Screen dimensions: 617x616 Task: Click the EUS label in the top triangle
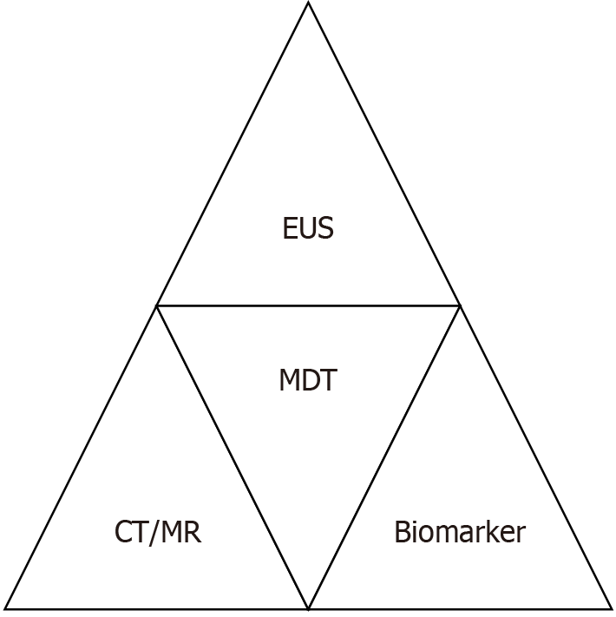[x=308, y=229]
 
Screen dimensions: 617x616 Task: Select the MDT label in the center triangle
[x=308, y=381]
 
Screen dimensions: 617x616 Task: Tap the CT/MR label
[x=158, y=532]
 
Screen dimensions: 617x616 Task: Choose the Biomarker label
[x=459, y=531]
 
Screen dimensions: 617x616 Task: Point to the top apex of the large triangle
[x=308, y=3]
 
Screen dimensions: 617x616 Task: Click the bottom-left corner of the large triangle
[x=6, y=607]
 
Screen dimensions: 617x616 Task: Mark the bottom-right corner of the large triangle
[x=611, y=607]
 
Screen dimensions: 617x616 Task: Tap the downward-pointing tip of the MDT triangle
[x=308, y=607]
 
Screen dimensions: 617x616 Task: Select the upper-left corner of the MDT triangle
[x=157, y=305]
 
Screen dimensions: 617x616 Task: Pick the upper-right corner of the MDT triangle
[x=460, y=305]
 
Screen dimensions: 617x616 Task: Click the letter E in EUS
[x=290, y=229]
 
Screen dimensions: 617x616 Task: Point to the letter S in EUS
[x=326, y=229]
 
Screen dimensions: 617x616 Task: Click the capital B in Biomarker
[x=402, y=531]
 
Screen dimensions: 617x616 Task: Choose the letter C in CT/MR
[x=124, y=532]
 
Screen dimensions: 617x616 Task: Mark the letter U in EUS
[x=307, y=229]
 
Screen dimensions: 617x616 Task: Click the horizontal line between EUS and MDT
[x=260, y=305]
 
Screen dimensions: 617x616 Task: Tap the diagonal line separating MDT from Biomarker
[x=384, y=456]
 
